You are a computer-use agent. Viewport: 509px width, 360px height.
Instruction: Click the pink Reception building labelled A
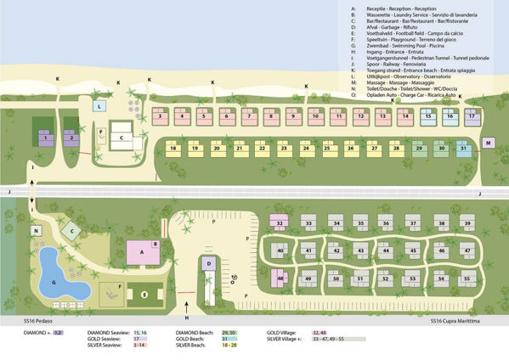139,250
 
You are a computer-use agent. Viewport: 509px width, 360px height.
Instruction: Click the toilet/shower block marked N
37,230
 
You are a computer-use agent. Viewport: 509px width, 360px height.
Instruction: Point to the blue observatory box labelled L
99,107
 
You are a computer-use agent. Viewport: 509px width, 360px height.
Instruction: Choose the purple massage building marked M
489,143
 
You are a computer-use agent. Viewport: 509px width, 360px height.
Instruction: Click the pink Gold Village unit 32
281,222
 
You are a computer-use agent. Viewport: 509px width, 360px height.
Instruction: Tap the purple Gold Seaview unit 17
472,115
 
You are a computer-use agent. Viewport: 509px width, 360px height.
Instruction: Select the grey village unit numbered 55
466,278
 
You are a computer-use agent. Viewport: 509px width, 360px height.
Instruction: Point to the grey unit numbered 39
466,222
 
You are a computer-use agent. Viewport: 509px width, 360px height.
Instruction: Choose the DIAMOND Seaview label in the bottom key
108,333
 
